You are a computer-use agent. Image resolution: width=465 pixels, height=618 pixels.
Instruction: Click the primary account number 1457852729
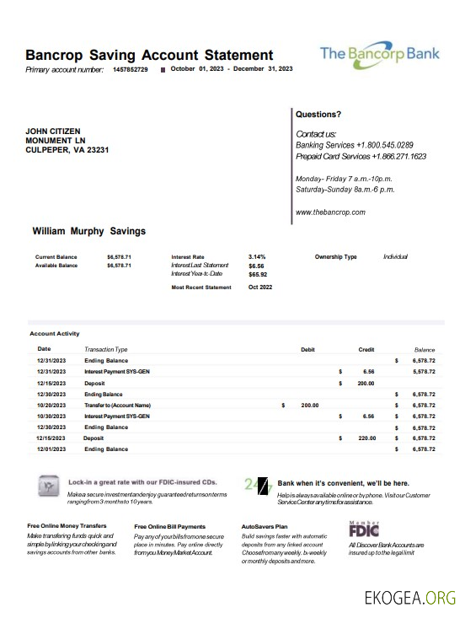(x=130, y=69)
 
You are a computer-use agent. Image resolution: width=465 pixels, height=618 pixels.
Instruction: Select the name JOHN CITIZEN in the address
(x=54, y=132)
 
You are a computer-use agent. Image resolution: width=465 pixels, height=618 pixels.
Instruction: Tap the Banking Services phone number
(x=384, y=145)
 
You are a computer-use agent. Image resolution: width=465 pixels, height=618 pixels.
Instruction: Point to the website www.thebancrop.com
(x=330, y=212)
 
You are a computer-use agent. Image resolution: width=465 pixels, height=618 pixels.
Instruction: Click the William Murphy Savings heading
(x=88, y=231)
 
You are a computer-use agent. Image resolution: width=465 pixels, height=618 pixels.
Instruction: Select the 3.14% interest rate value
(x=257, y=256)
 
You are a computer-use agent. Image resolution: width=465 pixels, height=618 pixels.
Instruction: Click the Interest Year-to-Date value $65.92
(x=258, y=274)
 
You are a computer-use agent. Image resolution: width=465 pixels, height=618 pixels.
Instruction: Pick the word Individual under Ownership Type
(x=395, y=256)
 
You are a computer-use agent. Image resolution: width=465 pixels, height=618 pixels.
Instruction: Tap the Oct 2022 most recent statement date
(x=260, y=288)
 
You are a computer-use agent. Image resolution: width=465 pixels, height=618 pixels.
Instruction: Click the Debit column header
(x=307, y=349)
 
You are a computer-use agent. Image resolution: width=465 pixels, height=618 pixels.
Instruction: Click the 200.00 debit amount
(x=310, y=406)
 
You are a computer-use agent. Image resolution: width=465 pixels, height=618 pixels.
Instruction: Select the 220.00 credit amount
(x=366, y=438)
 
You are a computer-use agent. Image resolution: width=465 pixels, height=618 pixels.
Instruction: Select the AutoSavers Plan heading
(x=265, y=526)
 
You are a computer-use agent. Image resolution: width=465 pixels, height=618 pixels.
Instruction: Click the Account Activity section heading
(x=55, y=334)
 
